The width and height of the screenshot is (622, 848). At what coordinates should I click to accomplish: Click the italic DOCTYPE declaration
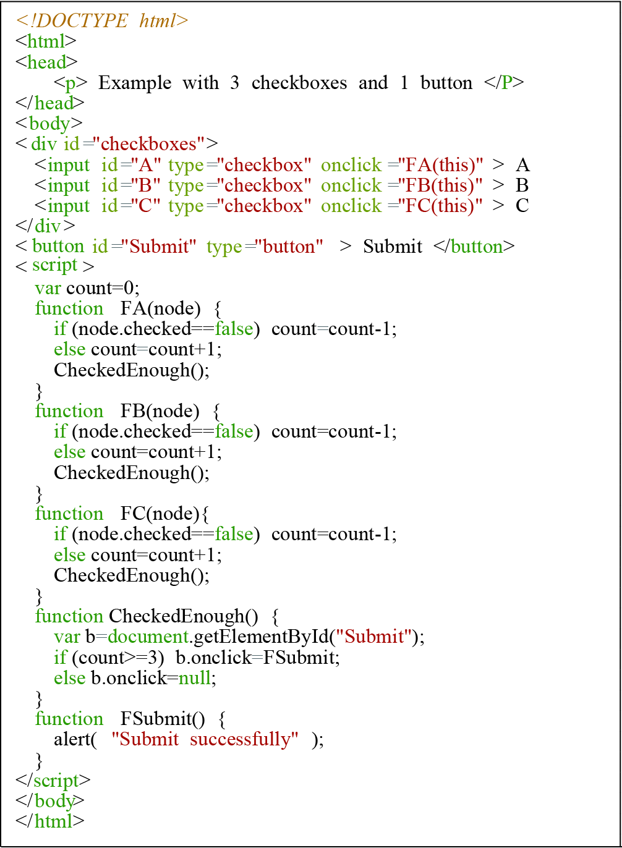(102, 20)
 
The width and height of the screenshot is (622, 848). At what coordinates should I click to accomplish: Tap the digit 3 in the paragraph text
(234, 83)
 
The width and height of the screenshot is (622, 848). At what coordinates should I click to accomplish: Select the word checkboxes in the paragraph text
(299, 83)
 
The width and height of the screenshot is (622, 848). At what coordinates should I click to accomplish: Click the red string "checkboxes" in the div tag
(149, 144)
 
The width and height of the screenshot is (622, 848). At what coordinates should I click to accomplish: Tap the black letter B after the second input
(522, 185)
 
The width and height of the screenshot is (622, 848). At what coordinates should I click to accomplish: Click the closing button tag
(474, 247)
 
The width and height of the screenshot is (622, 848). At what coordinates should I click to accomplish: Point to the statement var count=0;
(87, 288)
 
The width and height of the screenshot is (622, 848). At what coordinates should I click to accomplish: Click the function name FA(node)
(161, 308)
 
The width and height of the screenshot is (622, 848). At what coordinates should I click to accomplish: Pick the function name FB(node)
(160, 411)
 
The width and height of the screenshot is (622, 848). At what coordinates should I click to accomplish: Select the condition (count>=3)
(118, 658)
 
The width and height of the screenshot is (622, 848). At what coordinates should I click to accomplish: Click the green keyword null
(194, 677)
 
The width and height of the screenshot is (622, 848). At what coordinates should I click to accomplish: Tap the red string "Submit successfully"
(205, 739)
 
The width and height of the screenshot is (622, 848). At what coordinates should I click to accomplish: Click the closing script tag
(53, 781)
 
